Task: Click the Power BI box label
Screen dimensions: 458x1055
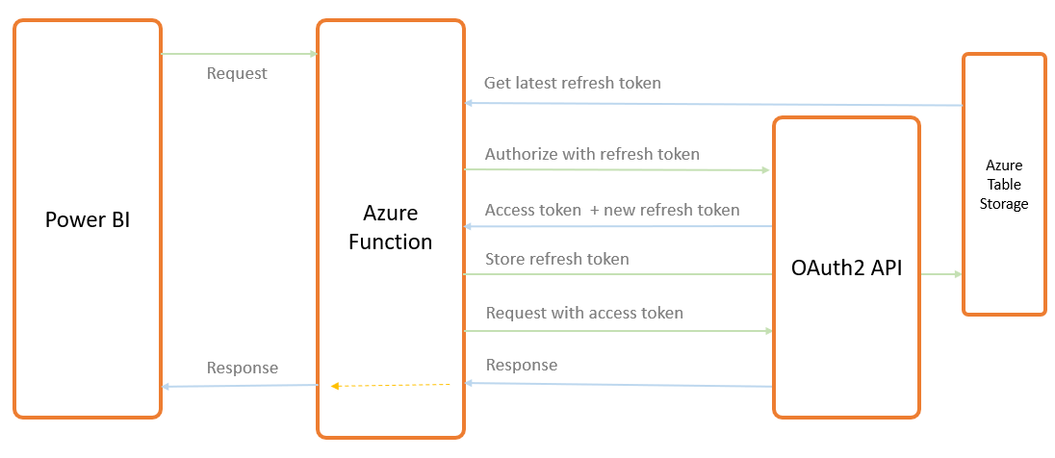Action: (x=87, y=219)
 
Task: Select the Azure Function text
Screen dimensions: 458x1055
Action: (x=391, y=227)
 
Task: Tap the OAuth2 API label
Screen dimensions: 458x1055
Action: (x=846, y=268)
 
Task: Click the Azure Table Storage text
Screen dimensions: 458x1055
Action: (x=1004, y=185)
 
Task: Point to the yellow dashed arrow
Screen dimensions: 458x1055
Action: (x=391, y=386)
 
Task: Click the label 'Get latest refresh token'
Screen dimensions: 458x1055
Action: (x=572, y=83)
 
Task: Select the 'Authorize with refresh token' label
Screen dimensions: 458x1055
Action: (x=592, y=154)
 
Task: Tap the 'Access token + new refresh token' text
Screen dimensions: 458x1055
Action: (x=612, y=210)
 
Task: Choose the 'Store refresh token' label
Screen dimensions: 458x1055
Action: (x=556, y=259)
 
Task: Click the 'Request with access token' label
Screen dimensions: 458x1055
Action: (x=584, y=313)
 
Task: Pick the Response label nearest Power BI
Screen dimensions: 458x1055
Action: (x=242, y=368)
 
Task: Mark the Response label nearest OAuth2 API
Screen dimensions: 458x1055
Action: (x=521, y=365)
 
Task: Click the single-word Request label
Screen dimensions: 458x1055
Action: (x=237, y=73)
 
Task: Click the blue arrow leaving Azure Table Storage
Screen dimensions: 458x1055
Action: (x=712, y=104)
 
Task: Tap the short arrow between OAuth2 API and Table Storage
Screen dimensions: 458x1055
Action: (x=940, y=274)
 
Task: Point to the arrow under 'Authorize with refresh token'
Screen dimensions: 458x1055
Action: (x=616, y=170)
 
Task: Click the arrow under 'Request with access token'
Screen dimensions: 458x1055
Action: (x=616, y=331)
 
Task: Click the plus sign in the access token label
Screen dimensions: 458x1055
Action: (x=595, y=210)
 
